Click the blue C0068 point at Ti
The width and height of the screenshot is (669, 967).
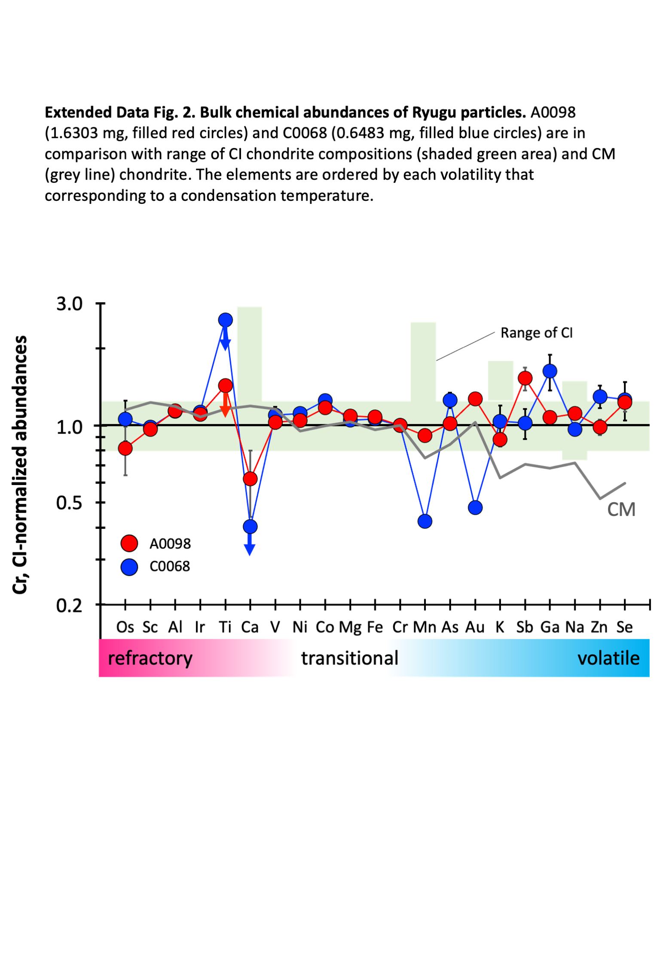[225, 320]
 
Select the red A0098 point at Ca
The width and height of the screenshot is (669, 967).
[250, 479]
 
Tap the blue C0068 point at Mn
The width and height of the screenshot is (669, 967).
[425, 521]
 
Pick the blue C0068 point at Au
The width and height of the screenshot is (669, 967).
[475, 507]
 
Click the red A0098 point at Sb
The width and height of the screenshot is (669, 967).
[525, 378]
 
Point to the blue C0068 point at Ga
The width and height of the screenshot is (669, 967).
[550, 371]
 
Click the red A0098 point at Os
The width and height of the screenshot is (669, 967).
[125, 448]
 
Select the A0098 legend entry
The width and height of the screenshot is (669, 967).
[170, 543]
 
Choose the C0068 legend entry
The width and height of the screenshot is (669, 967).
[170, 566]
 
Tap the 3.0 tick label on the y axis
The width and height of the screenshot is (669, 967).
[70, 304]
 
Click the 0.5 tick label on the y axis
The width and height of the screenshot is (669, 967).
[70, 503]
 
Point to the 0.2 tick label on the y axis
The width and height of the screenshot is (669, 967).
[70, 605]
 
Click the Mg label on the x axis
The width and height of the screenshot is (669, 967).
[350, 627]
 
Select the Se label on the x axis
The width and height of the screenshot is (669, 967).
[624, 627]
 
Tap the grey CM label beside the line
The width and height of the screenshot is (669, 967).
[621, 510]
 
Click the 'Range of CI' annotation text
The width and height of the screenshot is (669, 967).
[536, 333]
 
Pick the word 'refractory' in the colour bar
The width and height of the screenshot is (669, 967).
[150, 658]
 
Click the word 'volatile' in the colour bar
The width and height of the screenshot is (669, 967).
[608, 658]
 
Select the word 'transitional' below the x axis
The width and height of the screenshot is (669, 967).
[350, 658]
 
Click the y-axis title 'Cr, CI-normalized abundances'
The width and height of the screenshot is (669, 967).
[20, 464]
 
